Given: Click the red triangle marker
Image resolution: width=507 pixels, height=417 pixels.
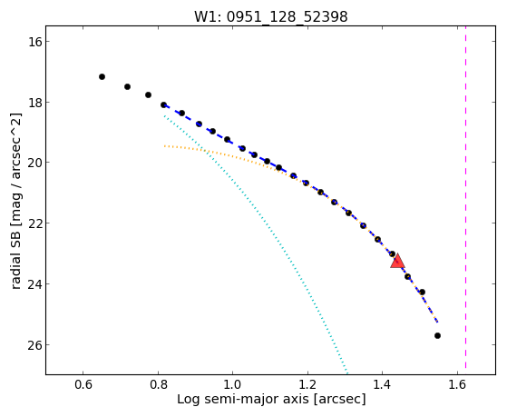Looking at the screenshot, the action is click(397, 261).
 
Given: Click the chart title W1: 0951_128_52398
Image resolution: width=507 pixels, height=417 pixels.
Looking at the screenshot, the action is click(270, 16).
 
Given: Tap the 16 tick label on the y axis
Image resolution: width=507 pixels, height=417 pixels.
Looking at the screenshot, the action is click(34, 42).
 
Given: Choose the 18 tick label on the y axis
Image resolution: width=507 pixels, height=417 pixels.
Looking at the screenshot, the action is click(34, 103).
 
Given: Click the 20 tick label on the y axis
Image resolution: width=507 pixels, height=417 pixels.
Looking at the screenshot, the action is click(34, 162).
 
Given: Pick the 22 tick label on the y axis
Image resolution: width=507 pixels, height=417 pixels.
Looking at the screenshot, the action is click(34, 223).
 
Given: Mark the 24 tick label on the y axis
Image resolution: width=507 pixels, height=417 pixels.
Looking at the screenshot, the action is click(34, 284).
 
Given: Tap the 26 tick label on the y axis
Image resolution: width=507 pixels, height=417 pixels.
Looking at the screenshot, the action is click(34, 344).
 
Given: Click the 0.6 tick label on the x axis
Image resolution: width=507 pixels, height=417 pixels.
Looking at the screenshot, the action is click(83, 384).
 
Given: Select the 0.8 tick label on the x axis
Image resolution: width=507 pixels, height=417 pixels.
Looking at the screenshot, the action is click(158, 384).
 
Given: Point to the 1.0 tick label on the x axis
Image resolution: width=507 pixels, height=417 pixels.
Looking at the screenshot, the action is click(233, 384).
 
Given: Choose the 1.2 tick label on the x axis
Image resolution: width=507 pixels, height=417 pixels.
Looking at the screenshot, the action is click(307, 384).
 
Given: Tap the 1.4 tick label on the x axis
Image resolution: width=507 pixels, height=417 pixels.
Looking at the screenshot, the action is click(383, 384).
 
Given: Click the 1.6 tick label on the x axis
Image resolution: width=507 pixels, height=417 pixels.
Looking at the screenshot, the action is click(457, 384).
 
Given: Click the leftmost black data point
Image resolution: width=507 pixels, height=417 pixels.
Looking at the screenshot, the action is click(102, 77).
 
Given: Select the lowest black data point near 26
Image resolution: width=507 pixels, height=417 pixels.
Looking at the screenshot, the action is click(437, 335).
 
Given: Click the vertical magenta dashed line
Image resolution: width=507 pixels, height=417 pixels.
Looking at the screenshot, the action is click(465, 197).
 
